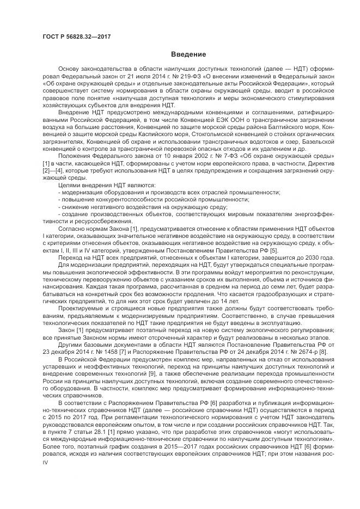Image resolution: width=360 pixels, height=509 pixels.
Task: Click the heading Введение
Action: point(188,54)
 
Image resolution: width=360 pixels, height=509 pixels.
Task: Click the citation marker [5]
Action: point(273,249)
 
